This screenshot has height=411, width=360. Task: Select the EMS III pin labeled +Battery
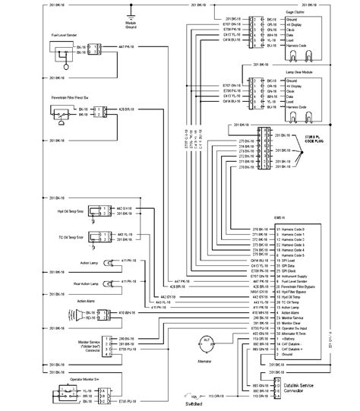tap(289, 339)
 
